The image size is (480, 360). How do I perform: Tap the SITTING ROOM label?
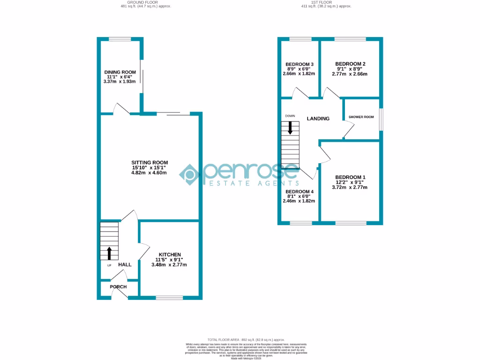[149, 162]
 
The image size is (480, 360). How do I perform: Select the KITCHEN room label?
[169, 255]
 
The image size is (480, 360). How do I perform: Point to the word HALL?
[125, 265]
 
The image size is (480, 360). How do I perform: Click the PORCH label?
[118, 287]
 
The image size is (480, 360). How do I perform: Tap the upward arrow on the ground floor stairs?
[110, 253]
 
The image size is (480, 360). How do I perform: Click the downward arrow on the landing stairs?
[290, 127]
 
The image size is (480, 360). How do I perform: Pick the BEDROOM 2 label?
[350, 64]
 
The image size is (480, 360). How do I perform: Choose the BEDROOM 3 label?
[299, 64]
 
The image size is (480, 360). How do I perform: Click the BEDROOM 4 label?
[299, 192]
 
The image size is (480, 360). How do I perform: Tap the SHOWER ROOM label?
[361, 117]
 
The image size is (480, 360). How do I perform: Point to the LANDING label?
[318, 119]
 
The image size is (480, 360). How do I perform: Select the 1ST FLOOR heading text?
[325, 2]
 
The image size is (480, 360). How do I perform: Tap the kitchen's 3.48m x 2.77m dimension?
[169, 265]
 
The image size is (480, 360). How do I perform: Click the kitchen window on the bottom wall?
[169, 297]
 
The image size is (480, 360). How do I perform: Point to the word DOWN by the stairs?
[290, 116]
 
